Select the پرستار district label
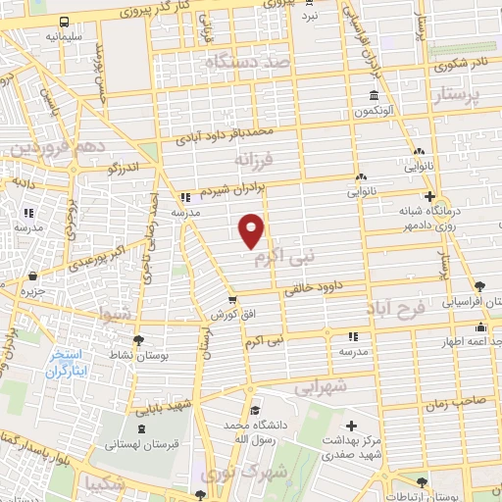456,96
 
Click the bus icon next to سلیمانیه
64,22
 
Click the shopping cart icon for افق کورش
232,300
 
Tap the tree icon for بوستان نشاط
136,339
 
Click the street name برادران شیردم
227,188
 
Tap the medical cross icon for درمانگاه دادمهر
427,196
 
